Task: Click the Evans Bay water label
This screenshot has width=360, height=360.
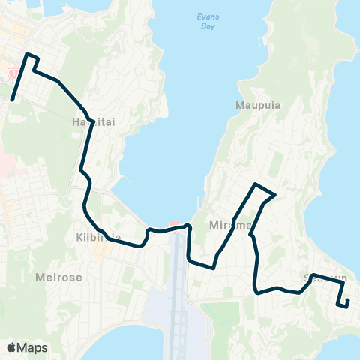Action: [x=206, y=20]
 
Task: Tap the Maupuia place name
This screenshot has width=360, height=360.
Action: [x=258, y=105]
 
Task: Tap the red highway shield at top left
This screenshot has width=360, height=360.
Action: [x=10, y=73]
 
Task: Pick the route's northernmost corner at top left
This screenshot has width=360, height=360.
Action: [x=28, y=54]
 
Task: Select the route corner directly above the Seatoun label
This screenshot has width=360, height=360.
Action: [x=311, y=274]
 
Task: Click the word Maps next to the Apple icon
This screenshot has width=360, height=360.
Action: [x=33, y=347]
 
